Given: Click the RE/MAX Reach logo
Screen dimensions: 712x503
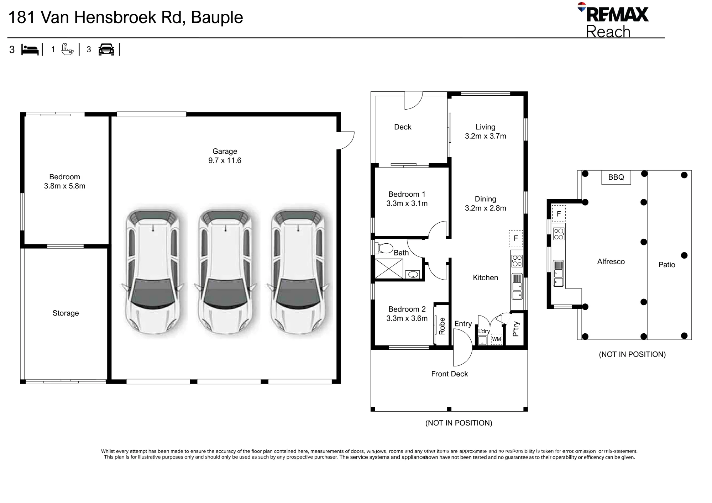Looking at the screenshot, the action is (x=613, y=20).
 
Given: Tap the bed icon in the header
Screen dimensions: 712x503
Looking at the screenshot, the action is (x=30, y=49).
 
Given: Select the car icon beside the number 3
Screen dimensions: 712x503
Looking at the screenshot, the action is (x=106, y=49).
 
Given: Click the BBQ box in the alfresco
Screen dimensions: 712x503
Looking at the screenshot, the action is (x=616, y=177).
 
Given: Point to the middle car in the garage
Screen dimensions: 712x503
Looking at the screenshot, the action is (x=225, y=272).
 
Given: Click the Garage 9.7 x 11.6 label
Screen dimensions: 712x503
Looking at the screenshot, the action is (x=225, y=156).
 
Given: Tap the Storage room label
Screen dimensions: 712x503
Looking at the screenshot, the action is (x=66, y=313).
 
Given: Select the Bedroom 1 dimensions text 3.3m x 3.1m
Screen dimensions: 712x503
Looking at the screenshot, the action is (x=407, y=203).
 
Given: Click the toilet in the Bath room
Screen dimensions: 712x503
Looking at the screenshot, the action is (x=384, y=248).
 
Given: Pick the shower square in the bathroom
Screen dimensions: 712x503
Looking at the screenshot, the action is (x=389, y=269).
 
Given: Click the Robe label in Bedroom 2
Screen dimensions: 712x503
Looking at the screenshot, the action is (x=442, y=326).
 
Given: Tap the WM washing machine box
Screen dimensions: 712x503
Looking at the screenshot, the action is (x=496, y=339).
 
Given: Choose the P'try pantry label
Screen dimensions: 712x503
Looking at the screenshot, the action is (x=516, y=329).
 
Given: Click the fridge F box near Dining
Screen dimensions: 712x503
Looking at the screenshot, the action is (x=516, y=238).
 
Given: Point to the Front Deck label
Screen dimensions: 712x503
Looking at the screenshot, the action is (x=449, y=374).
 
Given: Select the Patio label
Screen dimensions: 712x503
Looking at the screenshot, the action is (x=667, y=265).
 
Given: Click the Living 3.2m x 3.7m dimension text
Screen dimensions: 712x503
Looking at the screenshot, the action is (x=486, y=136).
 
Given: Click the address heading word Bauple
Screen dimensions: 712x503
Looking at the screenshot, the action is (x=217, y=17).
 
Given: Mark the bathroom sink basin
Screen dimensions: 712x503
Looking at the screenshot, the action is (x=413, y=274).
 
